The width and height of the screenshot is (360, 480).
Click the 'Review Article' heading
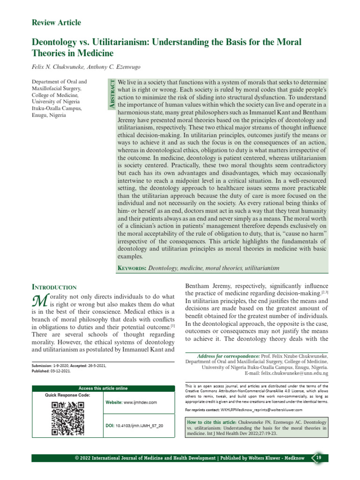click(x=56, y=22)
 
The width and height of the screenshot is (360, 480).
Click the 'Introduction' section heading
click(x=53, y=286)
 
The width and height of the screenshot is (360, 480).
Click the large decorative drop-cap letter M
click(x=37, y=300)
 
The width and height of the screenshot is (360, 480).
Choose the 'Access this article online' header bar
click(x=103, y=388)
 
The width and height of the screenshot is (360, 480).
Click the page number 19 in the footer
click(x=318, y=457)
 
